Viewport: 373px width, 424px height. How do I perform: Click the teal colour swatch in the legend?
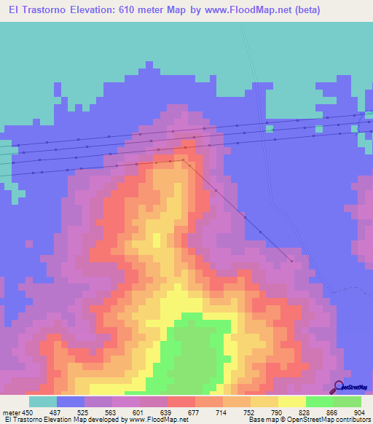click(43, 401)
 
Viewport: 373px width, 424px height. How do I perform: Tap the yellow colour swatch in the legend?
click(292, 401)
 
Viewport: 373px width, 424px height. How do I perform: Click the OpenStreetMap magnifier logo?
click(339, 387)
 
